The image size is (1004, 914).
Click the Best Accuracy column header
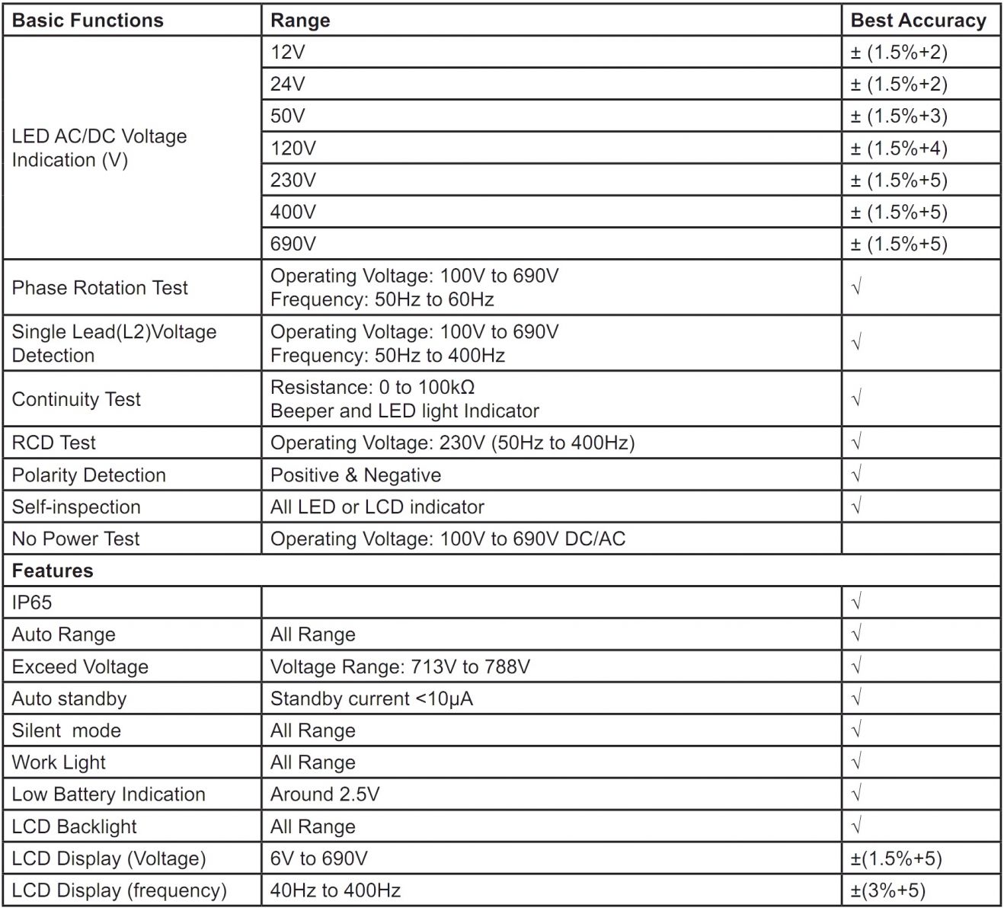click(918, 21)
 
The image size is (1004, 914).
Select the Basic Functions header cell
click(88, 21)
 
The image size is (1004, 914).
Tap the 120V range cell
click(293, 149)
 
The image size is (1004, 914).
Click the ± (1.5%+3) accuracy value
click(899, 117)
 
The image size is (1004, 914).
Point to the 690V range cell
click(293, 244)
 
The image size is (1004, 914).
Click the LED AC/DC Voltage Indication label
click(99, 148)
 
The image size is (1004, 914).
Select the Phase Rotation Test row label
click(100, 288)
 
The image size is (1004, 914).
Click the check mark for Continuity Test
click(856, 398)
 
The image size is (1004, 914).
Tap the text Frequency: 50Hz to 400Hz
click(388, 356)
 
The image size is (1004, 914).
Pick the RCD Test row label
click(54, 443)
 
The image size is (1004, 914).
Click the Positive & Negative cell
click(356, 475)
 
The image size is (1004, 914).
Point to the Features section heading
click(53, 571)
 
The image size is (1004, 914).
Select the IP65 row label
click(32, 603)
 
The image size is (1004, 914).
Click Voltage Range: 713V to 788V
click(400, 667)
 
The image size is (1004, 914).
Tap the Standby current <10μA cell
click(372, 699)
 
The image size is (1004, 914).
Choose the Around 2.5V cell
click(325, 795)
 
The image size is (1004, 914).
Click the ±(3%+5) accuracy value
click(888, 891)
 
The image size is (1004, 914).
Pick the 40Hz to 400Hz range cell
click(336, 891)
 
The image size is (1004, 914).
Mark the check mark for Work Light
click(856, 762)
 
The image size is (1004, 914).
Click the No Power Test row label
click(76, 539)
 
